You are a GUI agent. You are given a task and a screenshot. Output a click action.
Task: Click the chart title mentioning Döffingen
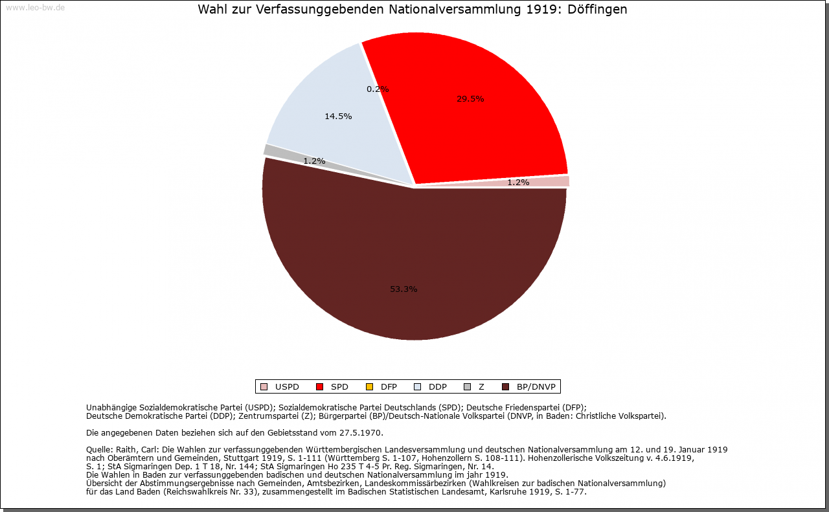(413, 10)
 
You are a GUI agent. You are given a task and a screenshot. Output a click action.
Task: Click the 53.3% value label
(403, 289)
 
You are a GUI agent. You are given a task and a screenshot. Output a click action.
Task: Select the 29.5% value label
(470, 99)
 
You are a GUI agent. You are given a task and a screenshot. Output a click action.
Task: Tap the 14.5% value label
(338, 117)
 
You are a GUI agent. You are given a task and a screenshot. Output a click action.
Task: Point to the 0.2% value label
(378, 89)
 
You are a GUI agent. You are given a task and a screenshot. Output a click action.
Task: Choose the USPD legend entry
(280, 387)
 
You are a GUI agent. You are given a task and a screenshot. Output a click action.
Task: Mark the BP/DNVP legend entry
(529, 387)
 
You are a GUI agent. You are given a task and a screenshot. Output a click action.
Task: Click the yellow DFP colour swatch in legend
(370, 387)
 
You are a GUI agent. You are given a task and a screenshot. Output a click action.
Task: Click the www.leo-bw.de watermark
(35, 8)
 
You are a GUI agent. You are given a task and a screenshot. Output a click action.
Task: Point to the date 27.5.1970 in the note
(363, 432)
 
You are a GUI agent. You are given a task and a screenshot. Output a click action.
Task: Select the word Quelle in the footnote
(99, 449)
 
